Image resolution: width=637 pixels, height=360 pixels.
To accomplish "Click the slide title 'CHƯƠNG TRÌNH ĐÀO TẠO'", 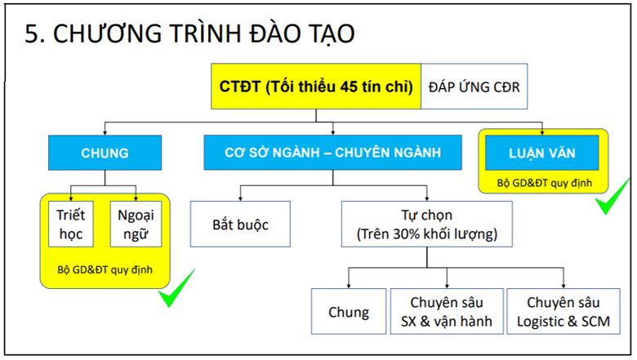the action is coord(204,33).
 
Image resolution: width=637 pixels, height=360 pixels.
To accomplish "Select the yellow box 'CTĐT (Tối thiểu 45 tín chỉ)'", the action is coord(316,87).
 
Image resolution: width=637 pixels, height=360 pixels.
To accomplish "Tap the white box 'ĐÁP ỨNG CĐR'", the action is coord(474,87).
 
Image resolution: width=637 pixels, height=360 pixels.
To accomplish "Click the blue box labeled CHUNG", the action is coord(105,153).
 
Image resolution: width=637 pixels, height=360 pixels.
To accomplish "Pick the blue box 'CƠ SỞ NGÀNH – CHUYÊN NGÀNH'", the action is coord(332,152).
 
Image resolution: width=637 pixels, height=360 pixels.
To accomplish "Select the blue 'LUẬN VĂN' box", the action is coord(542,153).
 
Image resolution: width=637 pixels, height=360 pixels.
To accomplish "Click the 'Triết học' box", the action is coord(71,224).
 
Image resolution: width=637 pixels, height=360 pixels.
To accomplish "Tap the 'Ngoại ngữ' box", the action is coord(136,224).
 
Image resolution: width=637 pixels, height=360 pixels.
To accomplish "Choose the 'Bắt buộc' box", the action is coord(240,224).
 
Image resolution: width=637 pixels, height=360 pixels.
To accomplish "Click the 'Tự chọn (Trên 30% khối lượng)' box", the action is coord(427,224).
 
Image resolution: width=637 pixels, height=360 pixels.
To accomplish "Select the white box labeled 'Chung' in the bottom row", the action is coord(349,312).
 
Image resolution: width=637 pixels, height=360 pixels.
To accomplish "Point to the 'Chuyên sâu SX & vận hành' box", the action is coord(447,312).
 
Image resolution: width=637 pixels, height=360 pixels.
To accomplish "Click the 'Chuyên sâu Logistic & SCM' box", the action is coord(563,312).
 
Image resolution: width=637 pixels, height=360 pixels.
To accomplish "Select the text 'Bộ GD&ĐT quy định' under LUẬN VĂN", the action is coord(545,183).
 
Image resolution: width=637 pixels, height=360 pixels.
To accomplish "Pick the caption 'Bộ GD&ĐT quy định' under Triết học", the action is coord(105,270).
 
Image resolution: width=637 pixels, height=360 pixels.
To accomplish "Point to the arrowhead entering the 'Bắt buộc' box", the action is coord(240,198).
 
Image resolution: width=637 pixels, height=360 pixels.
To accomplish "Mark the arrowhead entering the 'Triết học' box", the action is coord(71,198).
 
